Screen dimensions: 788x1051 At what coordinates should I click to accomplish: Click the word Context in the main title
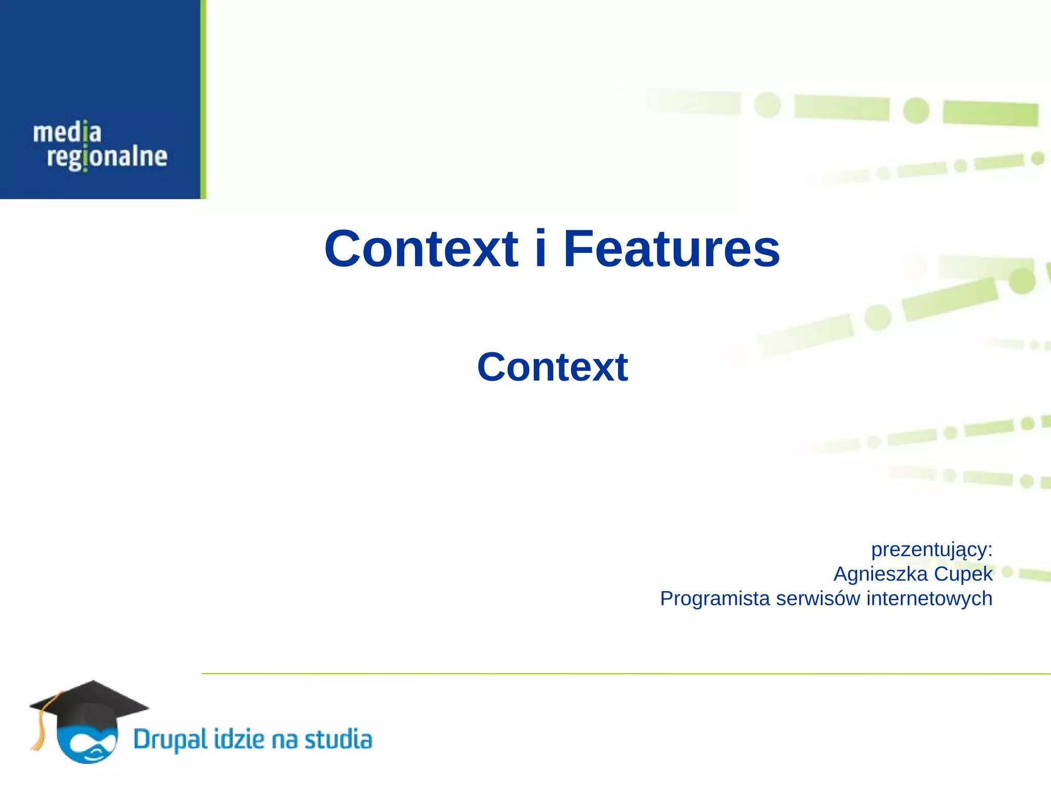[x=421, y=249]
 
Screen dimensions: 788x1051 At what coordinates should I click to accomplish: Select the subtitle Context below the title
[x=552, y=367]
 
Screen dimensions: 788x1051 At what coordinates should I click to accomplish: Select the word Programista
[x=715, y=599]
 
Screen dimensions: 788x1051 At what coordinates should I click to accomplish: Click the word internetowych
[x=929, y=599]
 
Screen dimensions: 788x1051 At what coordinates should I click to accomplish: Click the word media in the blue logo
[x=67, y=133]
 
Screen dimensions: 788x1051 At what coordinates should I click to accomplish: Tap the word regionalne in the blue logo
[x=107, y=157]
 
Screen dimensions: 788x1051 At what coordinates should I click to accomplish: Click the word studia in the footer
[x=338, y=739]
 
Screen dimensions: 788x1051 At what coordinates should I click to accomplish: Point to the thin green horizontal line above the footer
[x=616, y=674]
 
